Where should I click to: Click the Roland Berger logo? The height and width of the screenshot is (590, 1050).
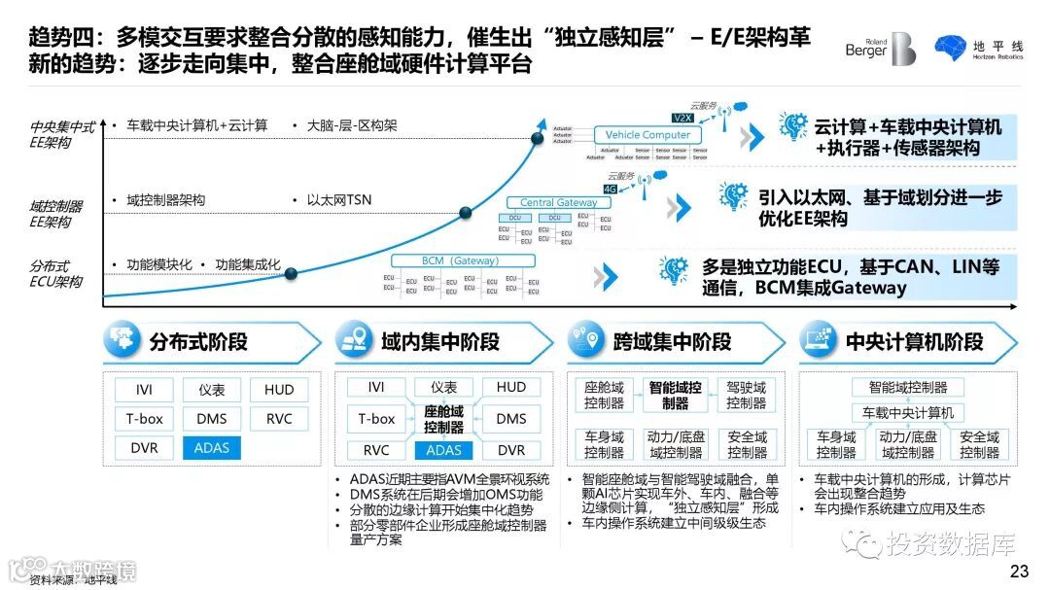pyautogui.click(x=880, y=49)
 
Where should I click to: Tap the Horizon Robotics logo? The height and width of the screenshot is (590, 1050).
pyautogui.click(x=978, y=49)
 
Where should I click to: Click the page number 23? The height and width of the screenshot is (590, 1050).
pyautogui.click(x=1019, y=571)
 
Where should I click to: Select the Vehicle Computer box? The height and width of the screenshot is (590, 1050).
pyautogui.click(x=647, y=135)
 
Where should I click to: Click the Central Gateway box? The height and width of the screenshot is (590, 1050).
pyautogui.click(x=558, y=202)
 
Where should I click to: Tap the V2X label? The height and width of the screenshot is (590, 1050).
pyautogui.click(x=682, y=117)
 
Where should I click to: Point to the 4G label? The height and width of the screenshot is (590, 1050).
pyautogui.click(x=611, y=190)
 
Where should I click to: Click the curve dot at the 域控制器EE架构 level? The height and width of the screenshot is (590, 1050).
pyautogui.click(x=465, y=212)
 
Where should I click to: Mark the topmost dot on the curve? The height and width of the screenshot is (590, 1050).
pyautogui.click(x=538, y=139)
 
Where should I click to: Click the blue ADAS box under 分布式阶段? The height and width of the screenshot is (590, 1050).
pyautogui.click(x=211, y=448)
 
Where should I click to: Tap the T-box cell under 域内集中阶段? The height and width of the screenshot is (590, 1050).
pyautogui.click(x=376, y=419)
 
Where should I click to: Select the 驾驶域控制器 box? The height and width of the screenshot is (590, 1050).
pyautogui.click(x=747, y=395)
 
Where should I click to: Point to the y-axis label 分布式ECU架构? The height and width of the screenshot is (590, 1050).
pyautogui.click(x=55, y=274)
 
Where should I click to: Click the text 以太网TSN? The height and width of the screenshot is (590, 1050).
pyautogui.click(x=338, y=200)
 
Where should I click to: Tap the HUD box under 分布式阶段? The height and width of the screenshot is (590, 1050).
pyautogui.click(x=279, y=390)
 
